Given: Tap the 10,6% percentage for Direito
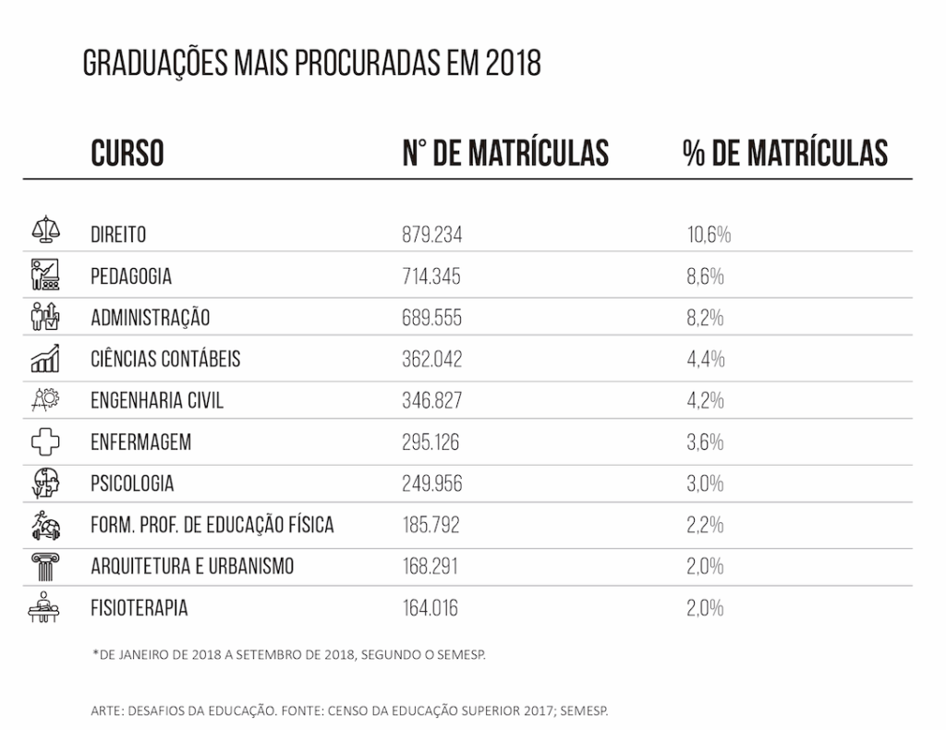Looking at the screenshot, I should click(x=709, y=235).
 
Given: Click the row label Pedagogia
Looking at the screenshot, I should click(x=131, y=276).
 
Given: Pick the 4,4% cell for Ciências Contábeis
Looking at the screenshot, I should click(x=705, y=359).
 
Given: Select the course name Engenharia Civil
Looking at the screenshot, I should click(x=157, y=401).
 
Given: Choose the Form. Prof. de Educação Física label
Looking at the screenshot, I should click(x=212, y=526).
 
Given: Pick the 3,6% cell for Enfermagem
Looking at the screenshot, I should click(x=705, y=443).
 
